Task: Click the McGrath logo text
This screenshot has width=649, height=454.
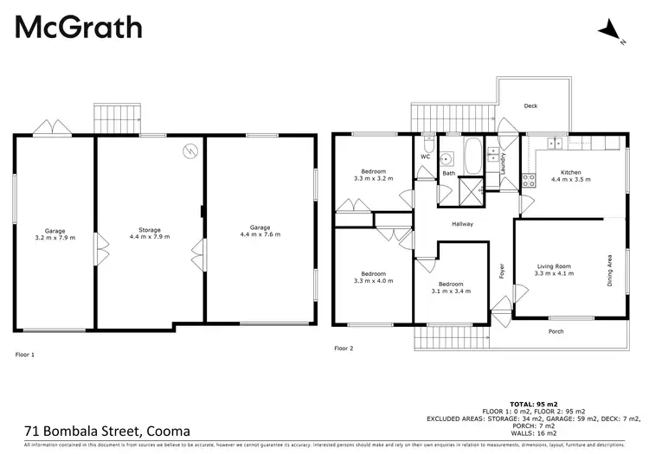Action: tap(79, 27)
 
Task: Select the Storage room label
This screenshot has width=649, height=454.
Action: tap(150, 232)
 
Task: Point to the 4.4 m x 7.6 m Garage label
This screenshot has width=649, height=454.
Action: tap(260, 230)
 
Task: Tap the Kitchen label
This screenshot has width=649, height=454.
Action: tap(569, 176)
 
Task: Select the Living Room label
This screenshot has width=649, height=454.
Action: tap(552, 269)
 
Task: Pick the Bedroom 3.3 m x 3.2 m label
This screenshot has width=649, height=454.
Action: tap(374, 175)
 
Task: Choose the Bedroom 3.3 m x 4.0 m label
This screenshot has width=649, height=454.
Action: tap(374, 277)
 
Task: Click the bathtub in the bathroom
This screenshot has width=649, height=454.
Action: tap(472, 157)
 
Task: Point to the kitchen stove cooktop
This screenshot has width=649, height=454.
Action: tap(528, 181)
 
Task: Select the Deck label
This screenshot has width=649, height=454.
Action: tap(531, 106)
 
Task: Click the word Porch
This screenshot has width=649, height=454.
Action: tap(557, 331)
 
